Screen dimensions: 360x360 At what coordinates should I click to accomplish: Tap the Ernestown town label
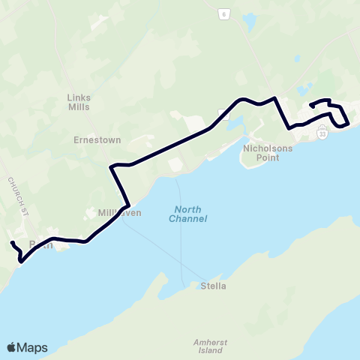[x=92, y=139]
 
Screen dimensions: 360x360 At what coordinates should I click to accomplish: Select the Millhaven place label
[x=120, y=213]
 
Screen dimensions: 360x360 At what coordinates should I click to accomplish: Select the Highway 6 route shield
[x=223, y=13]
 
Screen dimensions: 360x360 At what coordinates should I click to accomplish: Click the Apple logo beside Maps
[x=11, y=347]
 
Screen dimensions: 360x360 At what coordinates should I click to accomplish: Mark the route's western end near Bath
[x=11, y=242]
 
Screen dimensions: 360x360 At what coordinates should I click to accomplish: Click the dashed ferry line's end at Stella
[x=185, y=284]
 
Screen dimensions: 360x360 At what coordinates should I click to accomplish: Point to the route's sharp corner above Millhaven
[x=112, y=166]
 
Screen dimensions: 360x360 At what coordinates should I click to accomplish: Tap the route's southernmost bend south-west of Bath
[x=22, y=262]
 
